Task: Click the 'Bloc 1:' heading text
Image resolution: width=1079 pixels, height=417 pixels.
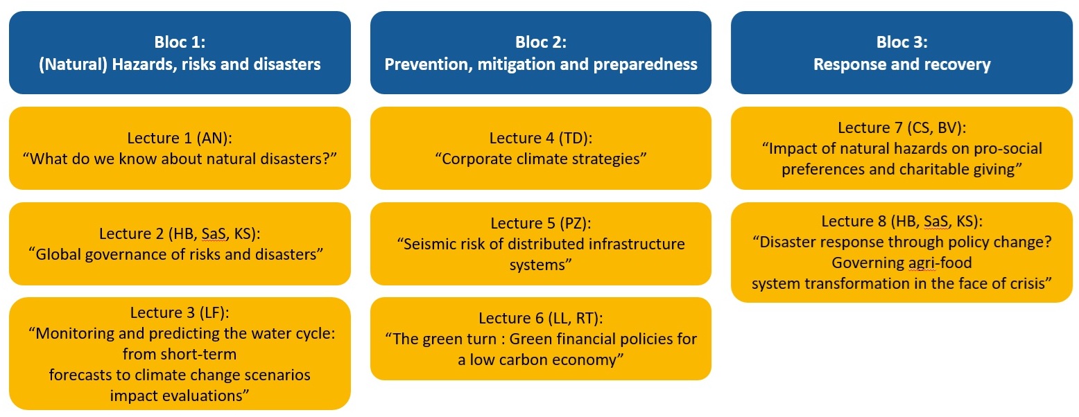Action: (180, 42)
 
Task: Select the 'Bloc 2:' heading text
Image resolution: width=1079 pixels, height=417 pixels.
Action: (541, 42)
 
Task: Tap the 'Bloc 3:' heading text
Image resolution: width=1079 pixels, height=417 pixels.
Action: (901, 42)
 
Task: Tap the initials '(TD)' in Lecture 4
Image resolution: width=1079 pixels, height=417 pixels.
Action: (576, 138)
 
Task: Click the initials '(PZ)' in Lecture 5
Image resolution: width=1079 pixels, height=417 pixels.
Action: (575, 223)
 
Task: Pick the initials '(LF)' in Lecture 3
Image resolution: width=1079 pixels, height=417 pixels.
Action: (212, 312)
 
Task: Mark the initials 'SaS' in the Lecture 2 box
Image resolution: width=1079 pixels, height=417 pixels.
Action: (214, 233)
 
